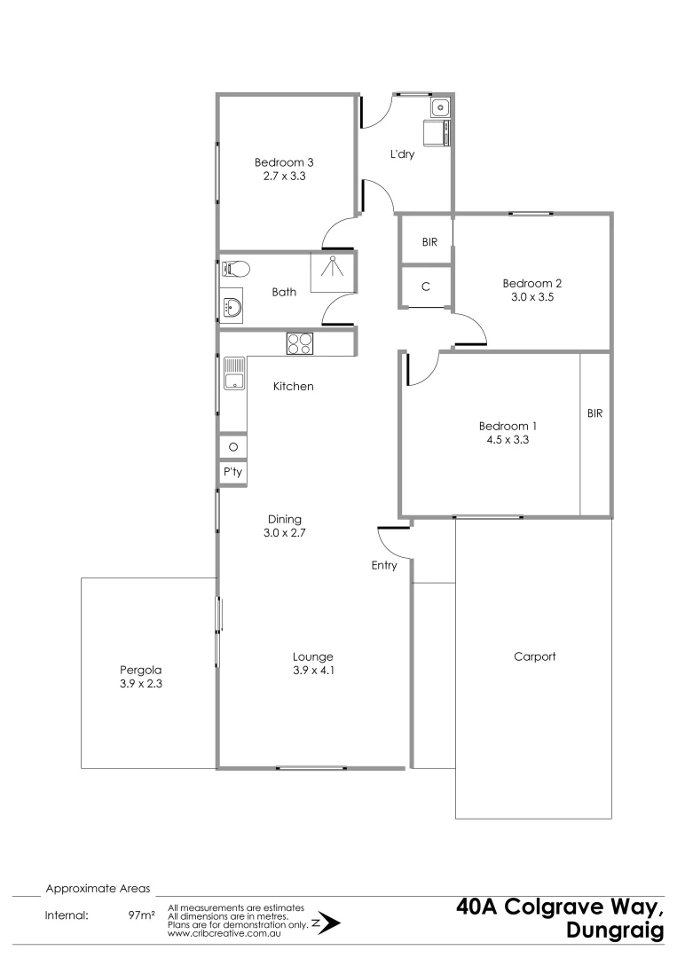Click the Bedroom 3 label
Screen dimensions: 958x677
click(x=284, y=162)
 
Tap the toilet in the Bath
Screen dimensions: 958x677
click(x=235, y=269)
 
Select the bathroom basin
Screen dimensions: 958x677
click(x=233, y=308)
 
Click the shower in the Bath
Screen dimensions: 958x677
click(x=332, y=270)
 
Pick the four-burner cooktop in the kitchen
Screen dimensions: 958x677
click(x=299, y=342)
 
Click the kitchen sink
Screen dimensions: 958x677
click(x=234, y=373)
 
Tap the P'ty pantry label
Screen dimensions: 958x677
click(x=233, y=474)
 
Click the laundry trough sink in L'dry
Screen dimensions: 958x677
click(x=441, y=108)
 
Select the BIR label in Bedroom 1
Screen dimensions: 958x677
click(x=594, y=413)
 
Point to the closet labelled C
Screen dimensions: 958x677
click(x=426, y=287)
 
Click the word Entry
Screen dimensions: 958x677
click(x=384, y=565)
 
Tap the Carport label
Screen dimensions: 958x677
click(x=534, y=656)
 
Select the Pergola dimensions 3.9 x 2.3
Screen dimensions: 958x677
click(x=142, y=685)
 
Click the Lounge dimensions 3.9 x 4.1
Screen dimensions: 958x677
click(x=313, y=671)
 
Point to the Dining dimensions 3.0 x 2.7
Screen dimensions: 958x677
click(x=285, y=533)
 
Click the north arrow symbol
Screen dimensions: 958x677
click(x=327, y=923)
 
